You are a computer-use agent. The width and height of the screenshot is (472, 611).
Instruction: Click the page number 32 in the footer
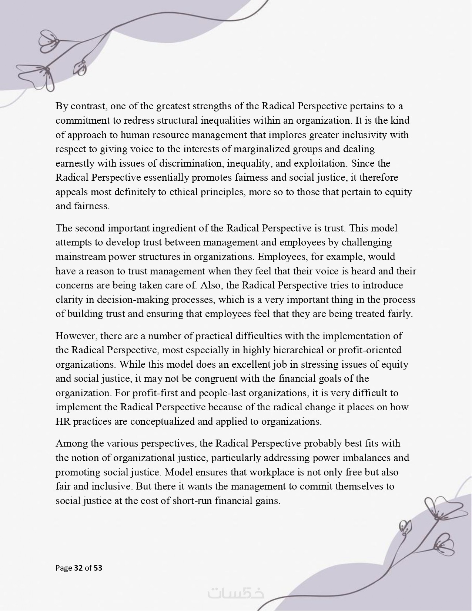[x=78, y=568]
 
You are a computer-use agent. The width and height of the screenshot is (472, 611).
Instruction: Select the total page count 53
[x=98, y=568]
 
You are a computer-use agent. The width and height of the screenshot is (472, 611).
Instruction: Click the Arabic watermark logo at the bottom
[x=236, y=593]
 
